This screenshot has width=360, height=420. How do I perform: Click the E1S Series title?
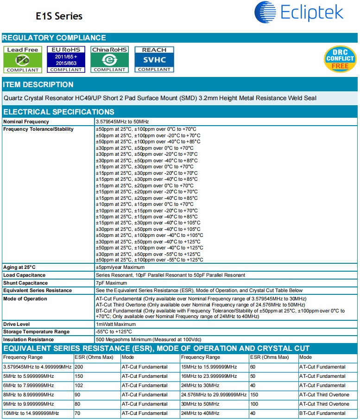pos(59,16)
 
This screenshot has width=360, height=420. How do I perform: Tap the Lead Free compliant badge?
pos(22,59)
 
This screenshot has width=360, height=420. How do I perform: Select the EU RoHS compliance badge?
pos(66,59)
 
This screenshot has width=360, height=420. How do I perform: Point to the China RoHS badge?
pos(109,59)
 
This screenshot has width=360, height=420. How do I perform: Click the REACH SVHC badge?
pos(154,59)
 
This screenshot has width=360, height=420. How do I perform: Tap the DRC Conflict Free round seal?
pos(340,59)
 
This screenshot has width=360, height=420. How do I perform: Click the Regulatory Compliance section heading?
pos(54,38)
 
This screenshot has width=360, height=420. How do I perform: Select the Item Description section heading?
pos(38,85)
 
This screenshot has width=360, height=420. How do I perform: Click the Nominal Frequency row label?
pos(26,121)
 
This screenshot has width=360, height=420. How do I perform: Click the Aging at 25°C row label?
pos(19,267)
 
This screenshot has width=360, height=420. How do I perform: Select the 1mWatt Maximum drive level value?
pos(116,324)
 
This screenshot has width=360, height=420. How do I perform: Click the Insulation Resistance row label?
pos(28,340)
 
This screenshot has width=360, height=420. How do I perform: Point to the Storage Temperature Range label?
pos(37,332)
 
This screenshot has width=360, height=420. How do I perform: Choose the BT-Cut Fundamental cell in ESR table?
pos(322,414)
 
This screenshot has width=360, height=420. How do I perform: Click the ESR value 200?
pos(79,367)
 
